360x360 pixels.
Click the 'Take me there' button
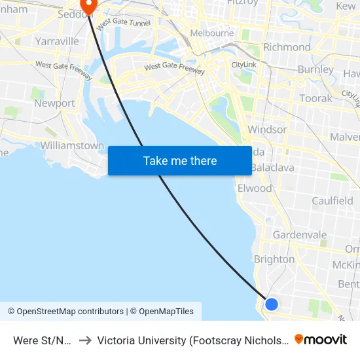(x=180, y=160)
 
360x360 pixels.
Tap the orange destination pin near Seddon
(x=87, y=6)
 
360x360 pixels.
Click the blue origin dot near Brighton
(x=271, y=304)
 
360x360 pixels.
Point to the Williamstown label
(x=72, y=145)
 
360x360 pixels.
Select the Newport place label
(x=54, y=103)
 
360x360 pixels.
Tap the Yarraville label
(x=58, y=41)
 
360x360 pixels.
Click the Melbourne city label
(x=211, y=33)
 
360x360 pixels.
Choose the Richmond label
(x=287, y=47)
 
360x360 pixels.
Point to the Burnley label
(x=315, y=69)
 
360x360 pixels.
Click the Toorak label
(x=316, y=98)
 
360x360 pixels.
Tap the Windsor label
(x=266, y=130)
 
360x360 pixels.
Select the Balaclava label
(x=272, y=168)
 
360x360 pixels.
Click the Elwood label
(x=255, y=189)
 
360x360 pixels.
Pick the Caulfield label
(x=332, y=201)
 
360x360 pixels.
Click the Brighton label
(x=274, y=259)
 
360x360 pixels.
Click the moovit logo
(x=321, y=340)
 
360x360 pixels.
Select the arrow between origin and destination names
(x=84, y=340)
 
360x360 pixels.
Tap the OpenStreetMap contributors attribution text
(x=65, y=312)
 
